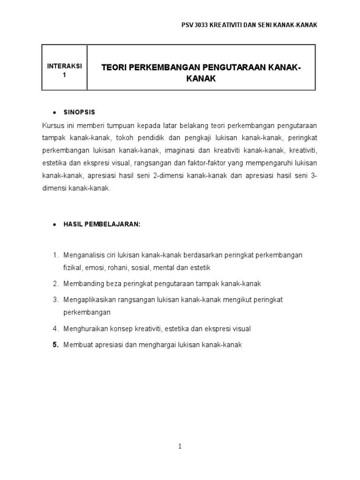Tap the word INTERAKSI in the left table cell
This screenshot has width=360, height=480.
tap(65, 66)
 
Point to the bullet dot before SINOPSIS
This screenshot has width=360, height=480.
tap(55, 113)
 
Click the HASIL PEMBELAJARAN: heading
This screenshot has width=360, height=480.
tap(104, 225)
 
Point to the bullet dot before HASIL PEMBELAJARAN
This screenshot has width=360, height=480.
tap(55, 225)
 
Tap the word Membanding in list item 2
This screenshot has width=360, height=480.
tap(81, 284)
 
